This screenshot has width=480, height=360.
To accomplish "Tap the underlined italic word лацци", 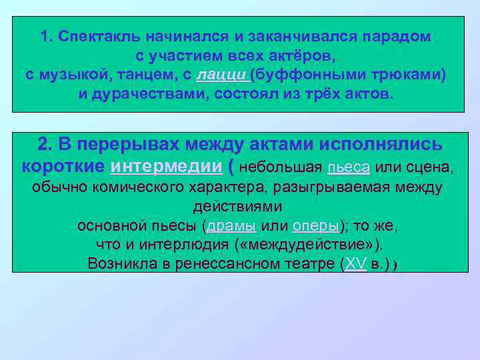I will [x=224, y=74].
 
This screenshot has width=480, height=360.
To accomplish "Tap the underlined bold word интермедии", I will [x=167, y=165].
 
